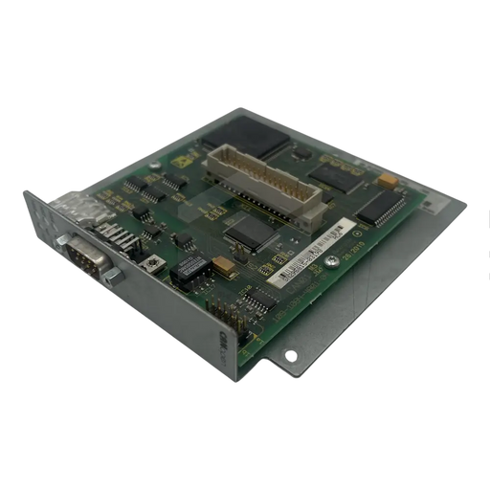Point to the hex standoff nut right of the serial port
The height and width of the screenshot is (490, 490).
[113, 277]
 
